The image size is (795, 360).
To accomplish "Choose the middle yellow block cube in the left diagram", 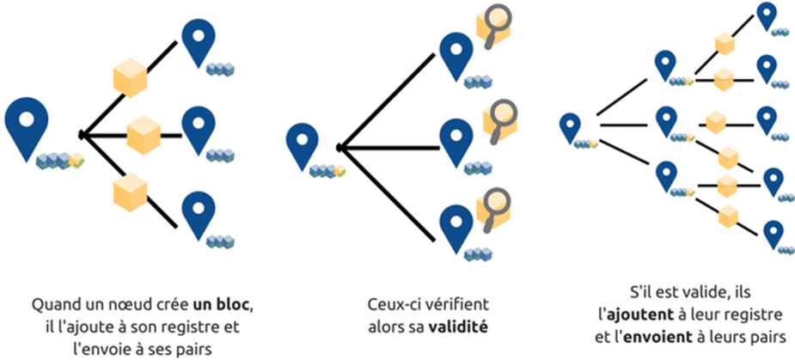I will [x=144, y=134].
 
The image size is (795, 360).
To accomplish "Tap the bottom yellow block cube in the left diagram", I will [x=130, y=190].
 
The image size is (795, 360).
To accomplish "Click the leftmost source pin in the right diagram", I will [x=570, y=127].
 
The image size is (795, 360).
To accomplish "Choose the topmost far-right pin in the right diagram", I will [x=766, y=15].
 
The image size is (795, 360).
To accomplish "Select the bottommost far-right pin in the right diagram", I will [x=774, y=234].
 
